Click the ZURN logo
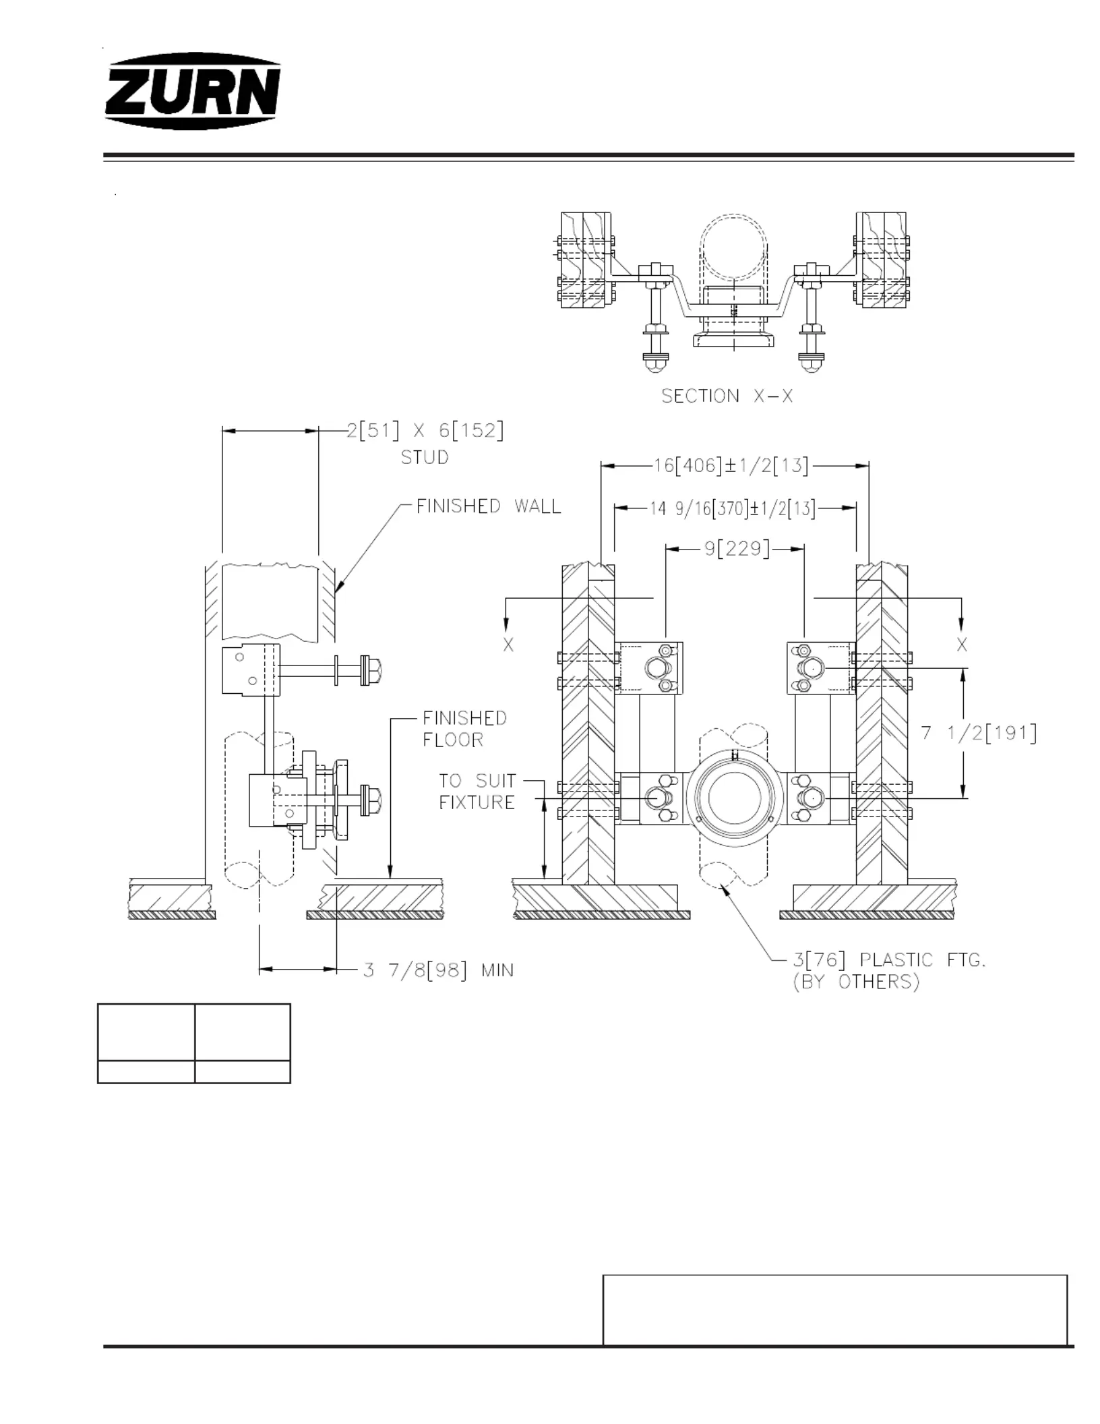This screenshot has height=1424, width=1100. point(193,92)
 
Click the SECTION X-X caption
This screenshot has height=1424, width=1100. point(727,396)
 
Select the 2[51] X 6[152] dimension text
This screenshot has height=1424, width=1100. point(425,430)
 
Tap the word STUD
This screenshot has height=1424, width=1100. point(425,458)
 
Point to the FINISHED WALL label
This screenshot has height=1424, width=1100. point(489,506)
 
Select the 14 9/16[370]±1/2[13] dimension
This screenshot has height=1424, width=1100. point(733,509)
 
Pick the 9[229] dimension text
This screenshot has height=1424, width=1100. point(737,549)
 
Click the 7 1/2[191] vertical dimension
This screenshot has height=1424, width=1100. point(979,733)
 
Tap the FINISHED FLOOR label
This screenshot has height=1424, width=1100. point(464,729)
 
